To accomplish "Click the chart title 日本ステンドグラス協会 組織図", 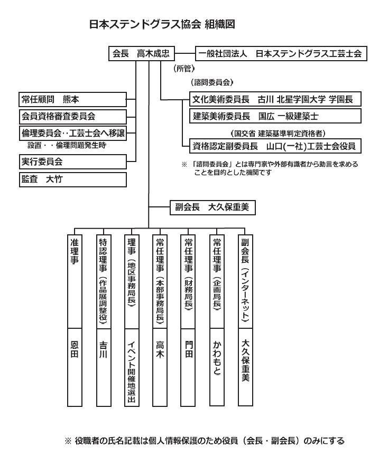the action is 162,24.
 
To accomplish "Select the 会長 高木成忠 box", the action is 142,53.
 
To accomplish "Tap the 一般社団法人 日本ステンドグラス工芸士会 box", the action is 281,53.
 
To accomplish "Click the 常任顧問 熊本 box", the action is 73,99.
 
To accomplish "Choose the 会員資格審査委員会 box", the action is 73,117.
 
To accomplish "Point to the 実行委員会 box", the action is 73,161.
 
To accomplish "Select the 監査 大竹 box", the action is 73,179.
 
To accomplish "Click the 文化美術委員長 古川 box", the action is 275,99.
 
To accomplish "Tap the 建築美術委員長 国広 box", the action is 275,116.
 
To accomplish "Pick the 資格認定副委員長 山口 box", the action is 275,146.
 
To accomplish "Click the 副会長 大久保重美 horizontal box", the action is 213,207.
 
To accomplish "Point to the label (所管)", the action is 184,69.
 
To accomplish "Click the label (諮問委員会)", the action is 212,82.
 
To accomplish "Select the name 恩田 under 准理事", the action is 75,349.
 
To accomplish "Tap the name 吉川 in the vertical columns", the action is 104,349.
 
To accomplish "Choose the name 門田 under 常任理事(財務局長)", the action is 189,349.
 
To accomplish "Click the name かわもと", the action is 217,358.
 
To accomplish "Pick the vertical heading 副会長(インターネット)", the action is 245,280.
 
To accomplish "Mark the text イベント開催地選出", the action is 132,372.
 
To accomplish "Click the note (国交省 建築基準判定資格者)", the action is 278,134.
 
